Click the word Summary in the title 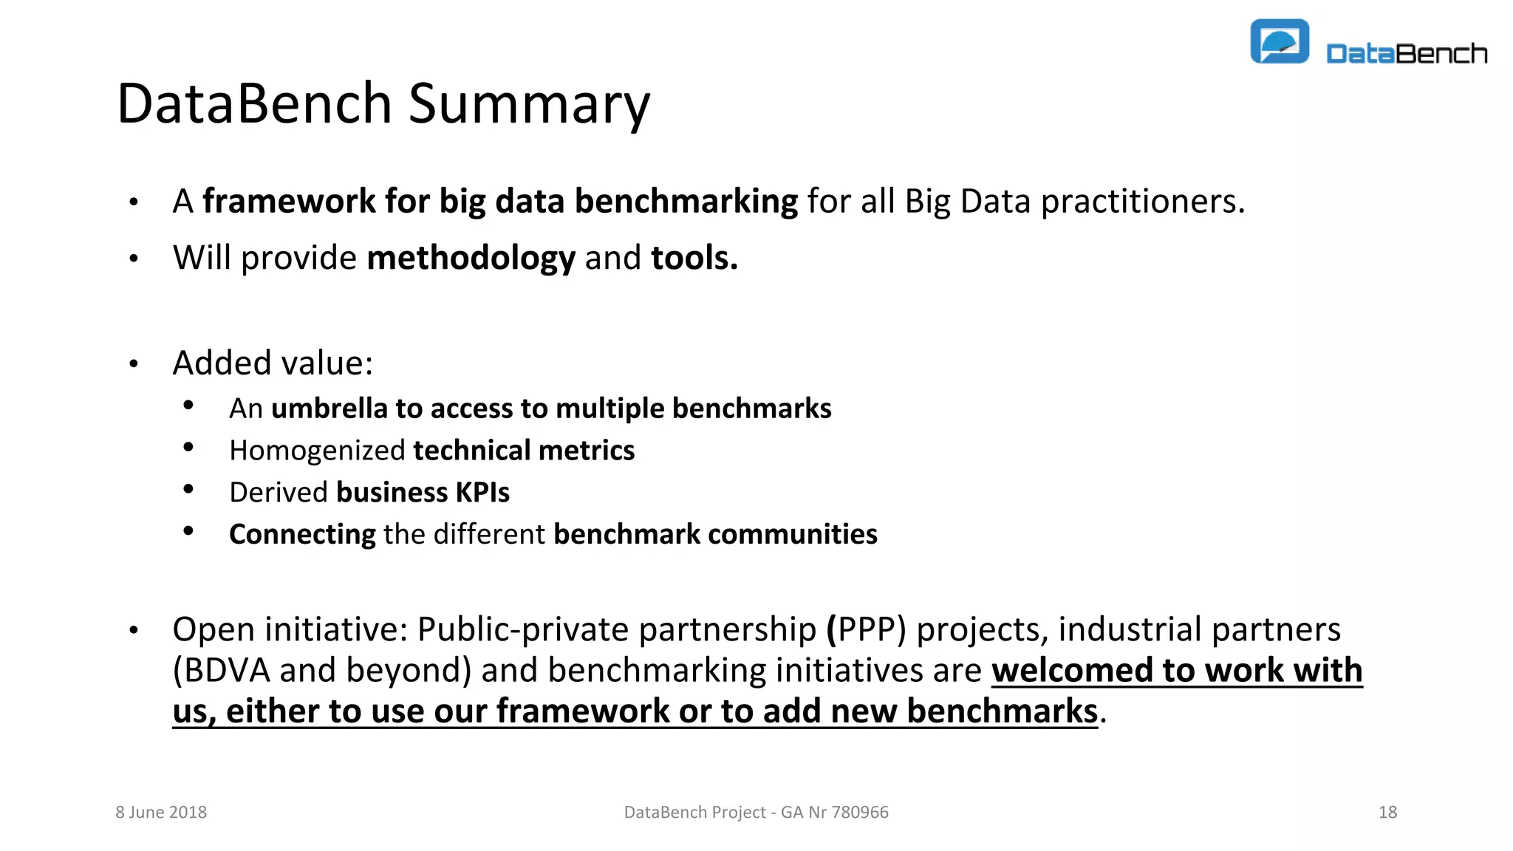pyautogui.click(x=529, y=103)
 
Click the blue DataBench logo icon pyautogui.click(x=1279, y=42)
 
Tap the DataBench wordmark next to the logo pyautogui.click(x=1406, y=54)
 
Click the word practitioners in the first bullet pyautogui.click(x=1142, y=201)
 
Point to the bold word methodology pyautogui.click(x=471, y=258)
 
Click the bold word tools pyautogui.click(x=694, y=258)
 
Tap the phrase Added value pyautogui.click(x=272, y=363)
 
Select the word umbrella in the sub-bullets pyautogui.click(x=329, y=409)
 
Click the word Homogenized pyautogui.click(x=317, y=451)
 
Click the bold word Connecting pyautogui.click(x=302, y=534)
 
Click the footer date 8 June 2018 pyautogui.click(x=161, y=812)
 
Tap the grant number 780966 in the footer pyautogui.click(x=860, y=812)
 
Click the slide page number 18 pyautogui.click(x=1387, y=812)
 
